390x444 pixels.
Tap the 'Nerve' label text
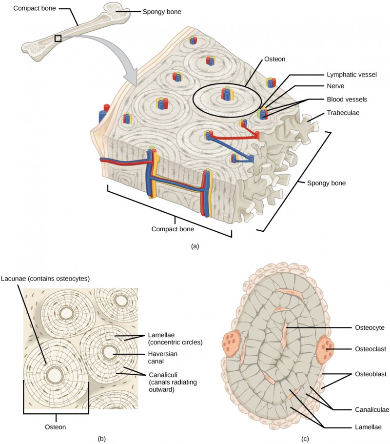(336, 87)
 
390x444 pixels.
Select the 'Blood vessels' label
(347, 99)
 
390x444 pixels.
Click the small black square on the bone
(58, 38)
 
